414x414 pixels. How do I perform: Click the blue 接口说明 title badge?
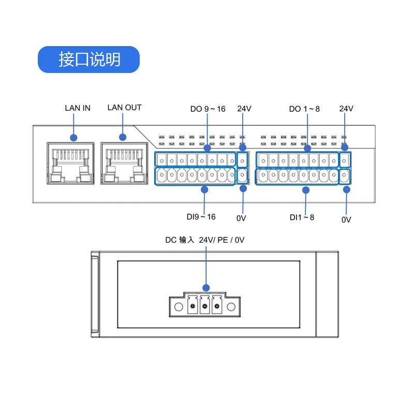[x=88, y=60]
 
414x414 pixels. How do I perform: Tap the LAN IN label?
[x=78, y=108]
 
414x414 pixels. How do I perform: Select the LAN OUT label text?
[x=124, y=108]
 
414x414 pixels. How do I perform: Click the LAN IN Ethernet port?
[x=70, y=163]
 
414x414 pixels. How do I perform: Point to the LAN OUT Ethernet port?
[x=124, y=163]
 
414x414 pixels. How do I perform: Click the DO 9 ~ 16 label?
[x=208, y=109]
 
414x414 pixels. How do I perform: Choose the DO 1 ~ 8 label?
[x=304, y=109]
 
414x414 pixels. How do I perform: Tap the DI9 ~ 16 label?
[x=201, y=217]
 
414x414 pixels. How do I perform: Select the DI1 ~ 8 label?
[x=302, y=217]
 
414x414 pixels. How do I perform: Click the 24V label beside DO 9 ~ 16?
[x=244, y=109]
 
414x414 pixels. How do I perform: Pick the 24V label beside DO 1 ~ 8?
[x=346, y=109]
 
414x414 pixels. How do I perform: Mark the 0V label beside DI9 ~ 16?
[x=241, y=218]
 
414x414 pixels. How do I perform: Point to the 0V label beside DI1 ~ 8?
[x=346, y=219]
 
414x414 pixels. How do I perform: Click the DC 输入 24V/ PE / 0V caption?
[x=205, y=240]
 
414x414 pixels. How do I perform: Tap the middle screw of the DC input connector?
[x=204, y=306]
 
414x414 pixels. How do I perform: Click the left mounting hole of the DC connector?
[x=179, y=307]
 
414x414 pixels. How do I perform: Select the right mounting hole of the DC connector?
[x=231, y=307]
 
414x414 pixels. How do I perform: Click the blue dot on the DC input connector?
[x=206, y=288]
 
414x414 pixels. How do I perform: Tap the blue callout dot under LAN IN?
[x=73, y=138]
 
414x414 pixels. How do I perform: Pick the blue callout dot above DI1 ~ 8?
[x=306, y=190]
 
